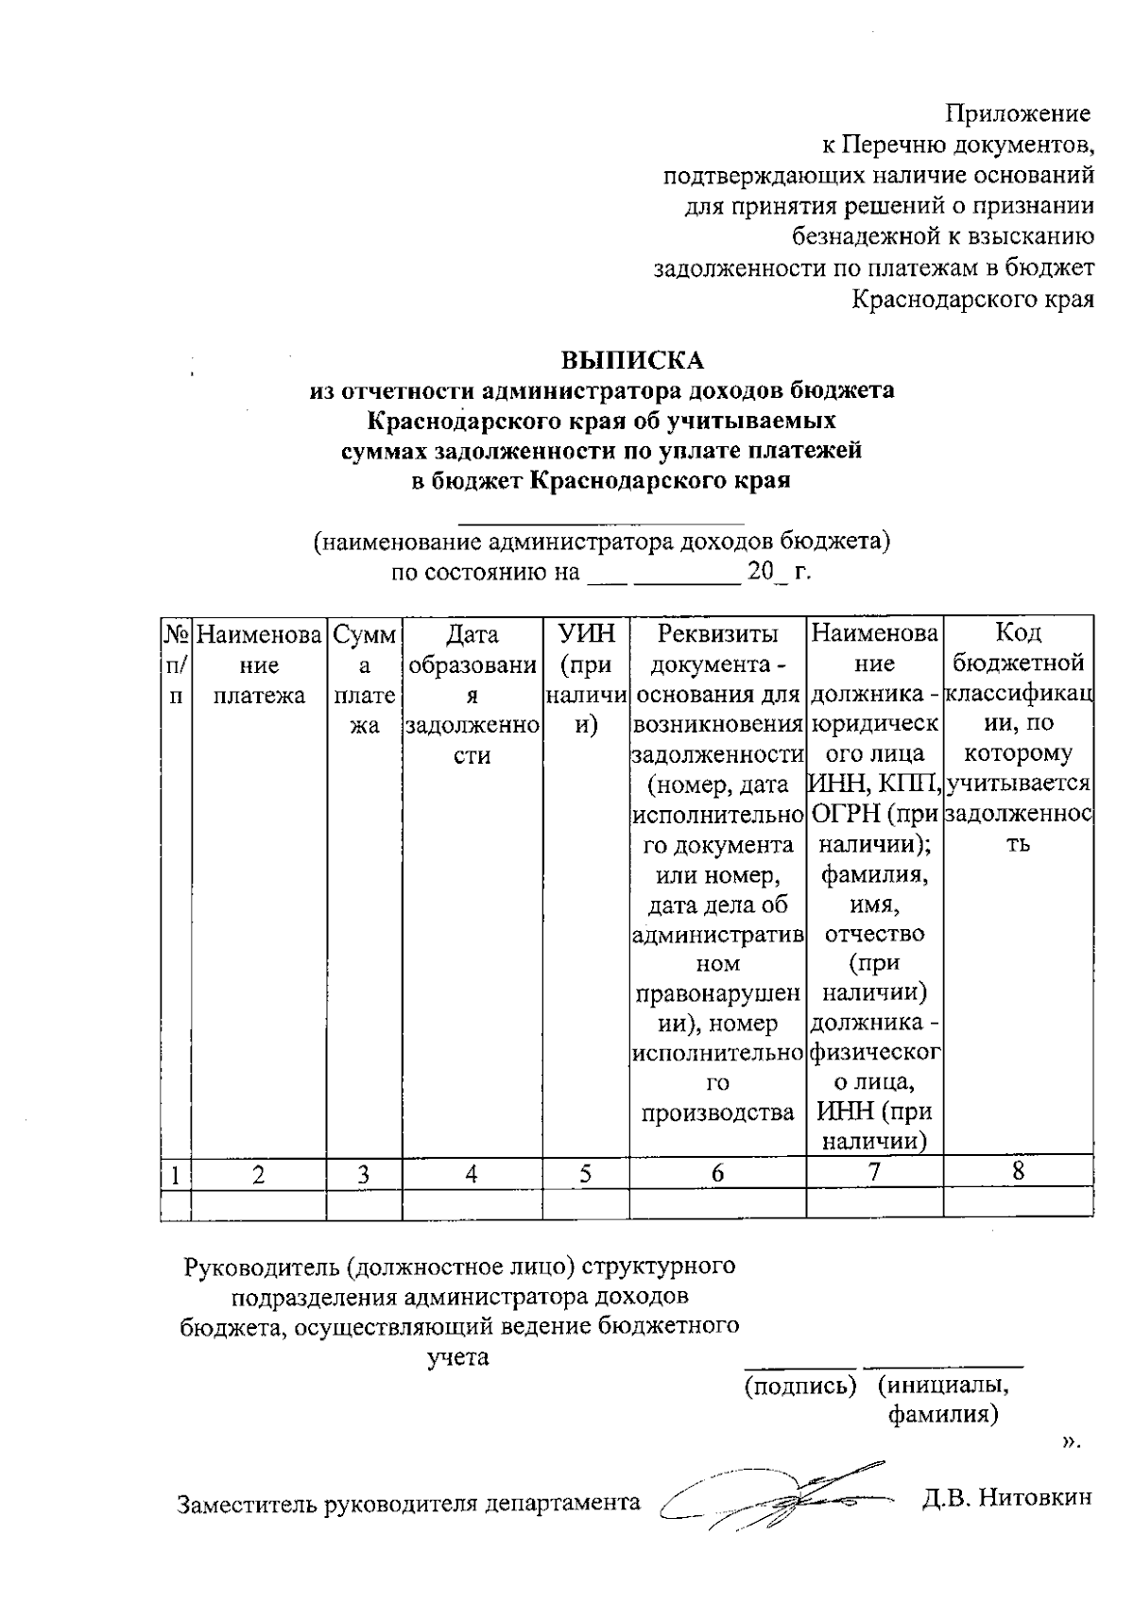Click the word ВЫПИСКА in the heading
(633, 360)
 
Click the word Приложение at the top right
(1020, 115)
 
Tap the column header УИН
(586, 633)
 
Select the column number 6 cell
(717, 1173)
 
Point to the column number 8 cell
(1018, 1171)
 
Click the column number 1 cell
(175, 1175)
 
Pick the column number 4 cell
(472, 1174)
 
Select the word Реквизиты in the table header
(718, 633)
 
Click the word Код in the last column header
(1019, 631)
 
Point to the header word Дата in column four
(472, 633)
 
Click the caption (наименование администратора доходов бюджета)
(603, 543)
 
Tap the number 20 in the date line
(759, 572)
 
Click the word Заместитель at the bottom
(248, 1503)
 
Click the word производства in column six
(717, 1113)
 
